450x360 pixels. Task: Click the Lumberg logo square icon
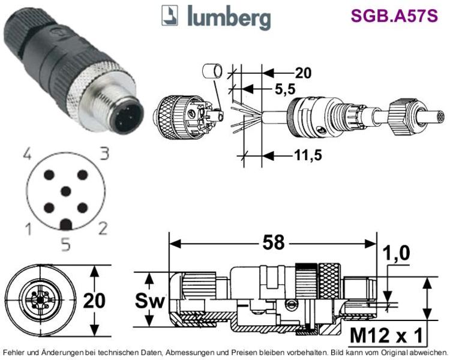(x=170, y=16)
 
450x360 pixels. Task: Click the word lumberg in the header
(x=229, y=17)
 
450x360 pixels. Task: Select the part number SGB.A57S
(x=394, y=16)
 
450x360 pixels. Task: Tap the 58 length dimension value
(x=274, y=243)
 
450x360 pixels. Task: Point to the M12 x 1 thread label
(x=386, y=335)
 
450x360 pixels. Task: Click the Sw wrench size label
(x=149, y=301)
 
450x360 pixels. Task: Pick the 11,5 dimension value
(x=308, y=155)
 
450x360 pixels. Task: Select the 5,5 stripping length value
(x=284, y=89)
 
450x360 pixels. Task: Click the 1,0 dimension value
(x=396, y=253)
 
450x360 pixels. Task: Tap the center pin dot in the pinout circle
(x=66, y=191)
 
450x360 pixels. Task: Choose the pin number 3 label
(x=104, y=154)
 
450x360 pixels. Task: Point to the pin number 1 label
(x=28, y=230)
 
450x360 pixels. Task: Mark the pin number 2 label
(x=103, y=228)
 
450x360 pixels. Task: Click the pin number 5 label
(x=66, y=245)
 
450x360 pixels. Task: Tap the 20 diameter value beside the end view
(x=94, y=301)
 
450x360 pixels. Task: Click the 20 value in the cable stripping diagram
(x=303, y=73)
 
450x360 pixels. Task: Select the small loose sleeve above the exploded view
(x=212, y=71)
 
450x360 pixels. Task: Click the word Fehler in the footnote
(x=13, y=352)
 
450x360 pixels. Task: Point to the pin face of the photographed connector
(x=126, y=118)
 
